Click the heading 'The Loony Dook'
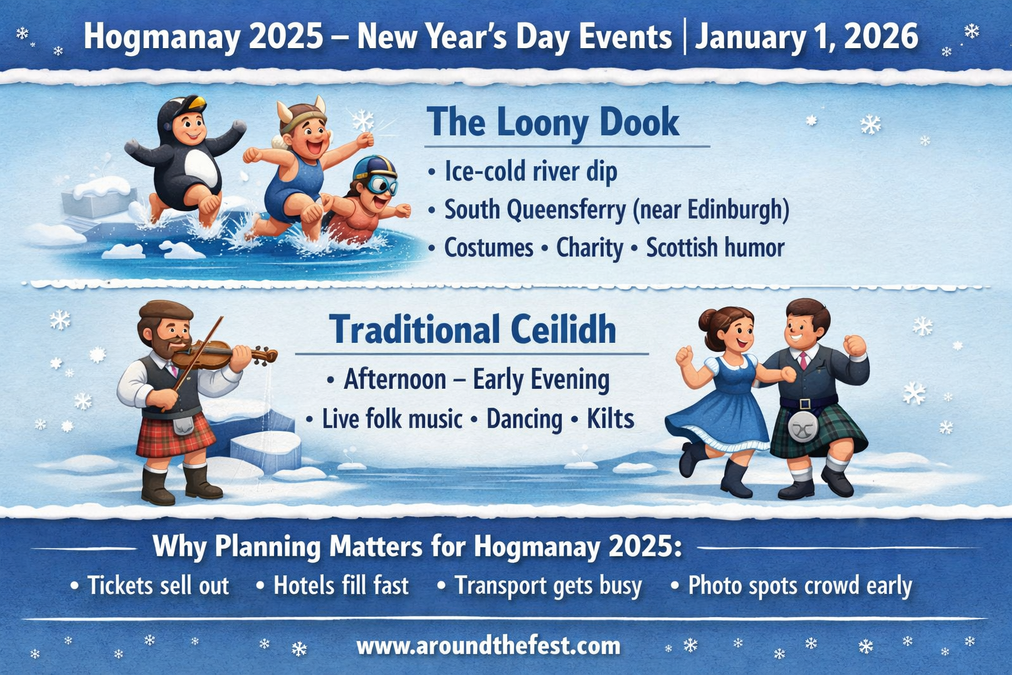(552, 123)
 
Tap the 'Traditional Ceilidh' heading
(472, 330)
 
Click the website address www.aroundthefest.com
(488, 645)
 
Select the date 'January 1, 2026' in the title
(806, 36)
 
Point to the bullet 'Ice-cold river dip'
(530, 171)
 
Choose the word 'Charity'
(589, 248)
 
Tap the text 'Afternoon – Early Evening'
(476, 380)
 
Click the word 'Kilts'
(610, 419)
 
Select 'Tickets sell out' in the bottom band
(157, 585)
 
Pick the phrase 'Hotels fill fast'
(341, 585)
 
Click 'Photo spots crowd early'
(799, 585)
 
